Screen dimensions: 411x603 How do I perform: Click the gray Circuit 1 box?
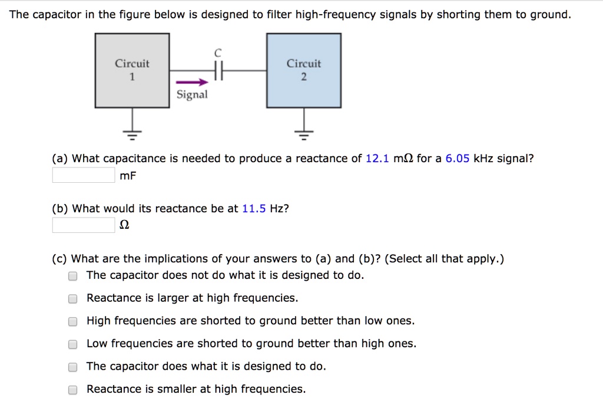132,71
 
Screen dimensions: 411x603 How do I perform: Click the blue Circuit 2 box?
304,71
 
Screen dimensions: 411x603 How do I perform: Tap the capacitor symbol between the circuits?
218,71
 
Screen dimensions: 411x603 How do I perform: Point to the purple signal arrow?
193,83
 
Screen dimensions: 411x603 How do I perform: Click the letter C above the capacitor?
218,53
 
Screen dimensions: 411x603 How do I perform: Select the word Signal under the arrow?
193,95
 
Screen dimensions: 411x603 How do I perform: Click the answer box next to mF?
84,175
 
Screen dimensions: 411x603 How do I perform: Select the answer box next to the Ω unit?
84,225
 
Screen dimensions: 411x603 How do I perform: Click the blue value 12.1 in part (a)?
377,159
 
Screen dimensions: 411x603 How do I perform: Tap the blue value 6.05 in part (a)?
458,159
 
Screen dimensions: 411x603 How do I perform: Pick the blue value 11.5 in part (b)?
254,209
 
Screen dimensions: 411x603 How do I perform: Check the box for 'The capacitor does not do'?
72,275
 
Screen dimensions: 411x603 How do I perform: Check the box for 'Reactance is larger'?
72,298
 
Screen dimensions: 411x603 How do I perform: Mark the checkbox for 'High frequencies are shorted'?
72,321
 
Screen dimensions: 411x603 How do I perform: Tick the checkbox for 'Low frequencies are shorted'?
72,344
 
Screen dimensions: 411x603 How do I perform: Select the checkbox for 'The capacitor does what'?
72,367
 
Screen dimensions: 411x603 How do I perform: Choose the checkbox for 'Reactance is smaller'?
72,389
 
